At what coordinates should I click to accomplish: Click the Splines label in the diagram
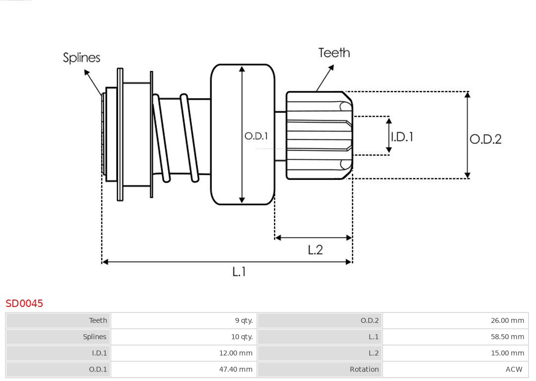[81, 58]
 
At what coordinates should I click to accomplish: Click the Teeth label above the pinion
[334, 53]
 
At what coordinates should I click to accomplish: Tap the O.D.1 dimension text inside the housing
[256, 136]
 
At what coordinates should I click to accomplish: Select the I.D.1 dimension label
[402, 137]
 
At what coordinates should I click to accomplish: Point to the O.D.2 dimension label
[485, 139]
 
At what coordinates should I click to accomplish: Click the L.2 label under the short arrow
[315, 249]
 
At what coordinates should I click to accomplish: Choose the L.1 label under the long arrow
[239, 272]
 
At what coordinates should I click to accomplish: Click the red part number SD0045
[24, 303]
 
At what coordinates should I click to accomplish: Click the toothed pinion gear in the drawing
[318, 135]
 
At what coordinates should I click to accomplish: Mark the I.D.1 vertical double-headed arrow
[389, 135]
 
